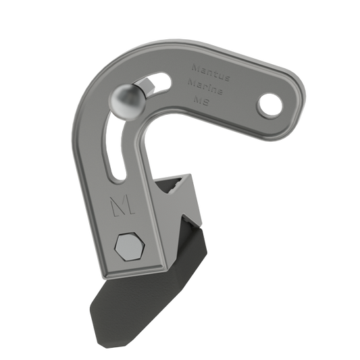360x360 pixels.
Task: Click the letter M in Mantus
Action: coord(194,69)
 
